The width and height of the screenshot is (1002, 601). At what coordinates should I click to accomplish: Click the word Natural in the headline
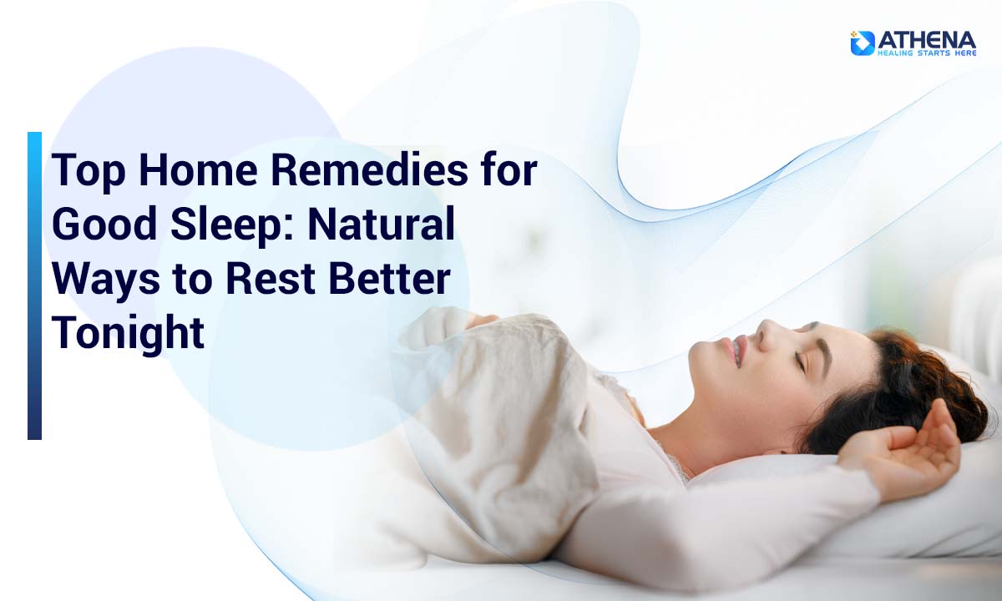pyautogui.click(x=381, y=224)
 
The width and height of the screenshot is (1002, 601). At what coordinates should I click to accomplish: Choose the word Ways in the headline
pyautogui.click(x=105, y=280)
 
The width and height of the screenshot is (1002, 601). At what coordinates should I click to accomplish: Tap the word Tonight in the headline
pyautogui.click(x=129, y=333)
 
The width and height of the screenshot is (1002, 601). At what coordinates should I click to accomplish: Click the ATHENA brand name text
pyautogui.click(x=926, y=41)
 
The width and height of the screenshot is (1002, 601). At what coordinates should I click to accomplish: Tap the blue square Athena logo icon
pyautogui.click(x=862, y=43)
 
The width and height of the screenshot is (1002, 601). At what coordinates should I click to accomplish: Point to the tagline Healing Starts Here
pyautogui.click(x=926, y=53)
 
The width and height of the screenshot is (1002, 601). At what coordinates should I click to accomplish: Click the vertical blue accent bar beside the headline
pyautogui.click(x=34, y=285)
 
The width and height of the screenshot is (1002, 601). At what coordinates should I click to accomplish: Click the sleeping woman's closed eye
pyautogui.click(x=802, y=361)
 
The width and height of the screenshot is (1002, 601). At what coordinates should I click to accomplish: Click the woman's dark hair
pyautogui.click(x=899, y=389)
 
